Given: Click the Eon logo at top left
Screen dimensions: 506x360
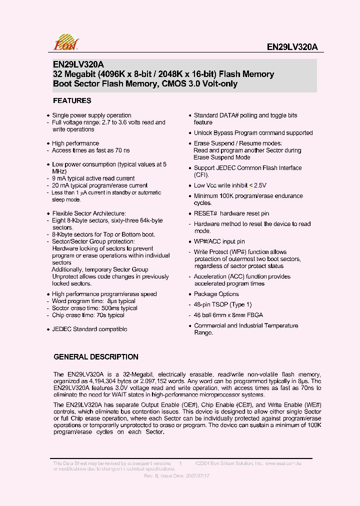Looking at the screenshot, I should (x=66, y=42).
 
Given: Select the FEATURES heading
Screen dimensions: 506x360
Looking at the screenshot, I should (x=72, y=100).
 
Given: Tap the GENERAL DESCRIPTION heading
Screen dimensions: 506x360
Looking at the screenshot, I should (x=96, y=357).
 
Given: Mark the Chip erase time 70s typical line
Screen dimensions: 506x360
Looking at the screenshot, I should (x=88, y=315).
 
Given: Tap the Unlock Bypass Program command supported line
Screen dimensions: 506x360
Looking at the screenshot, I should (x=253, y=133).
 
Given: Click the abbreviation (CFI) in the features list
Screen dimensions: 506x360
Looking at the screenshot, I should (x=201, y=175).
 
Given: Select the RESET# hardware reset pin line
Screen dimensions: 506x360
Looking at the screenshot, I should (x=231, y=213).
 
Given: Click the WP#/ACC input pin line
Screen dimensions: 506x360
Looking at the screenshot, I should (x=219, y=241).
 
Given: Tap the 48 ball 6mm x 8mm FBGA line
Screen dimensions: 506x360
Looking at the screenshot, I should (x=228, y=315).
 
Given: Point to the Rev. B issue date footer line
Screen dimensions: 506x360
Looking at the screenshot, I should (x=176, y=476).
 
